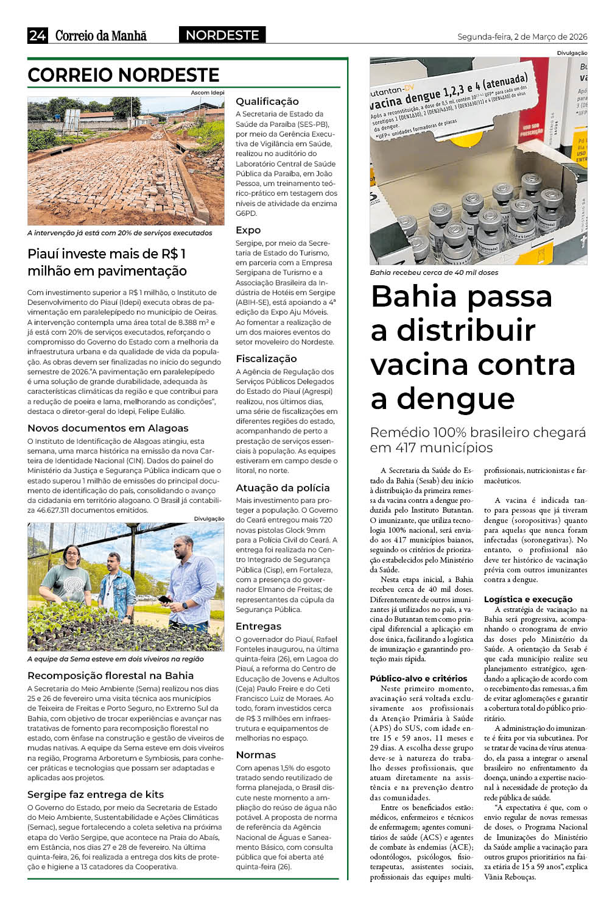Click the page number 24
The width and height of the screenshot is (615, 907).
[37, 35]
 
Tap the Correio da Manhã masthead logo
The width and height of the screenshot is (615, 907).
[101, 36]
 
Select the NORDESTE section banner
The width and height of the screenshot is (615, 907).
[222, 35]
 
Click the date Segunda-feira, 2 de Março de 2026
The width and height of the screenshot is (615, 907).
[522, 37]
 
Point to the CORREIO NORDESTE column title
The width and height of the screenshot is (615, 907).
[124, 75]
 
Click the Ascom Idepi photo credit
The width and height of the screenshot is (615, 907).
[208, 93]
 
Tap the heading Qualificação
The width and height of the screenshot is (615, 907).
[267, 101]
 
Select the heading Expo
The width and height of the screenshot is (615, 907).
[248, 230]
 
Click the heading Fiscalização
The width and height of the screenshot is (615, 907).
[266, 358]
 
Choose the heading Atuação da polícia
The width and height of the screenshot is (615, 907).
[283, 488]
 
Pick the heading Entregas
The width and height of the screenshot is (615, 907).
[258, 626]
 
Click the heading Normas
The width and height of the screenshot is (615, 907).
[256, 755]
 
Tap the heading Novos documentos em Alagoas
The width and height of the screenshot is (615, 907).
[108, 428]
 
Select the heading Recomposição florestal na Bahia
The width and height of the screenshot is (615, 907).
[110, 675]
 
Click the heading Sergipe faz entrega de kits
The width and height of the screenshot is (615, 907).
[96, 794]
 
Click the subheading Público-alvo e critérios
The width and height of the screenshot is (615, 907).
[418, 678]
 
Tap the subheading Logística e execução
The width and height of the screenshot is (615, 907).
[528, 599]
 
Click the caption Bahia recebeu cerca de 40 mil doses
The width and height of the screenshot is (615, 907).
[434, 272]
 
